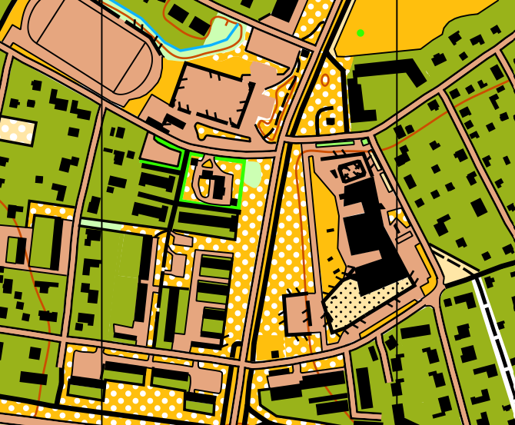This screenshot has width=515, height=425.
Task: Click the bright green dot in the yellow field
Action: (x=360, y=32)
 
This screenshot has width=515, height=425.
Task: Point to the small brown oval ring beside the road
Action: (x=325, y=79)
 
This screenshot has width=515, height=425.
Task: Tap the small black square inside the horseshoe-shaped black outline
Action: (x=330, y=120)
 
